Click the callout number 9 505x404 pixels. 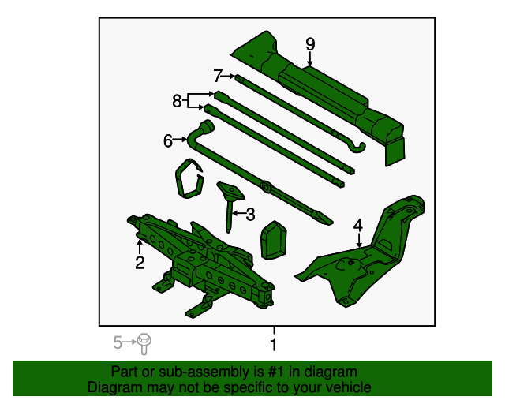tap(310, 43)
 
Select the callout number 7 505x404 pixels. tap(218, 76)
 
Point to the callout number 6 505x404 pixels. tap(167, 141)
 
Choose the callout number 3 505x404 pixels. tap(251, 214)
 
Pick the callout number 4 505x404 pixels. tap(357, 226)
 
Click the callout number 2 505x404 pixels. tap(139, 263)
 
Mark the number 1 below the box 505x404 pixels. tap(274, 345)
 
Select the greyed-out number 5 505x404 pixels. tap(118, 342)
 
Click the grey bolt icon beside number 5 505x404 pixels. tap(144, 342)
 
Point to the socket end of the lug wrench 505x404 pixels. tap(208, 128)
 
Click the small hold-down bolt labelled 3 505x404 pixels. tap(230, 201)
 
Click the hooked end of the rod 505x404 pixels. tap(360, 146)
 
